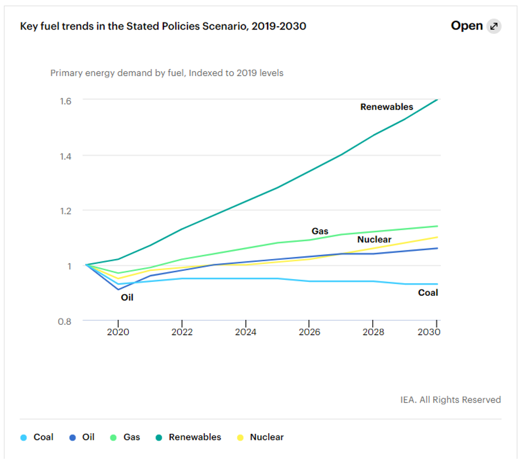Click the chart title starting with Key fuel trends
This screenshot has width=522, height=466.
click(x=163, y=26)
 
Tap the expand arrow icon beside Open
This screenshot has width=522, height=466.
click(x=494, y=26)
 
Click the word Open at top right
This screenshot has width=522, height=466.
click(x=466, y=26)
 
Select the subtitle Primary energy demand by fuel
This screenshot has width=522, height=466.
click(x=167, y=73)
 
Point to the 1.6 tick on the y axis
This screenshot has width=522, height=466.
click(x=66, y=101)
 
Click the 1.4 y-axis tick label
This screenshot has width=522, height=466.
click(x=66, y=156)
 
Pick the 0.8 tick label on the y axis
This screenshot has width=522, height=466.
click(x=66, y=321)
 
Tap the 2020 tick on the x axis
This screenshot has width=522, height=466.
click(x=118, y=332)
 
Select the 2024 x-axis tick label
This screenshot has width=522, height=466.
click(x=245, y=332)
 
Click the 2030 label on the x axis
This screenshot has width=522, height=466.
click(x=429, y=332)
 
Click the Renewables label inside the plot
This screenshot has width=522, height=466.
click(x=387, y=107)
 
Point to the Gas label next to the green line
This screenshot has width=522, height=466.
click(x=320, y=231)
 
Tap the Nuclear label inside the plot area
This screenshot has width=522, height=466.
click(x=374, y=240)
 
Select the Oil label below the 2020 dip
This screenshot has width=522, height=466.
click(x=127, y=298)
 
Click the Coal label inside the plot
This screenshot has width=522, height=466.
click(x=428, y=293)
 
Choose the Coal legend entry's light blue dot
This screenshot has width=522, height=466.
click(x=23, y=438)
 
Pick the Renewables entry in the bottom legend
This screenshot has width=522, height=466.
click(x=194, y=437)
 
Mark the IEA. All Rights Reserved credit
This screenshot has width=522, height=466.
click(x=450, y=400)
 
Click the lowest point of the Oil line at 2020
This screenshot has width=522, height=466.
click(x=118, y=289)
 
